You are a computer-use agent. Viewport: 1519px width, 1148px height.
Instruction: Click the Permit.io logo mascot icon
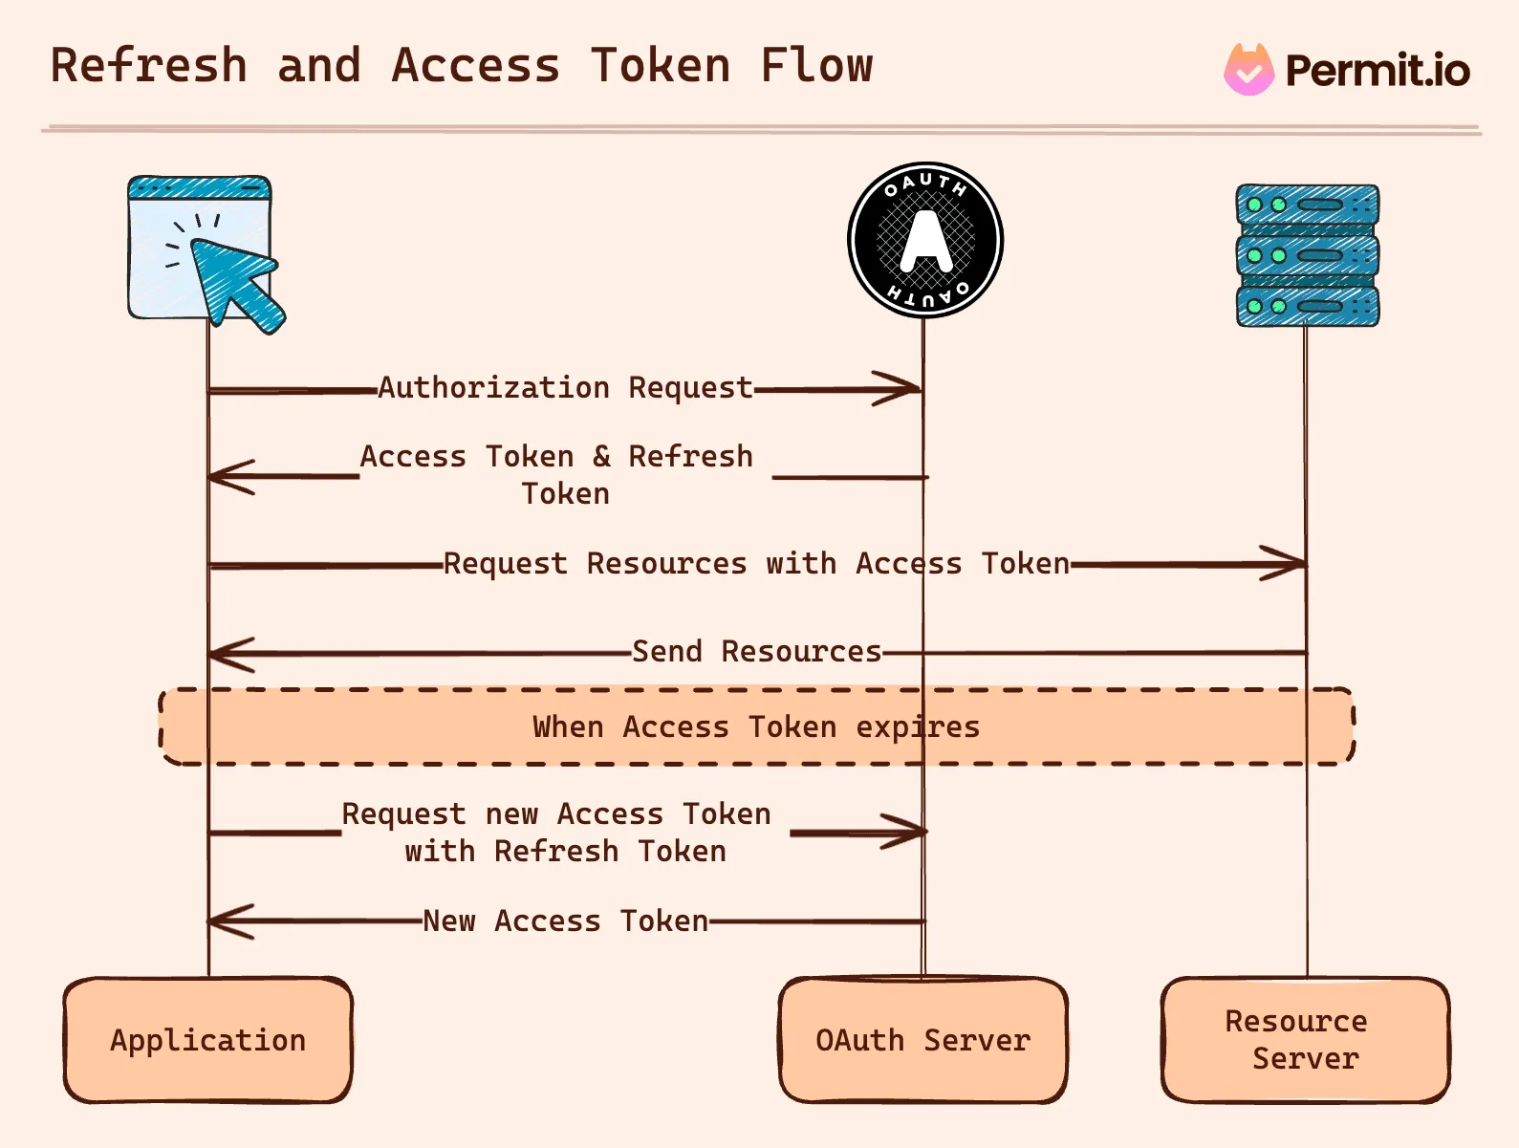tap(1248, 70)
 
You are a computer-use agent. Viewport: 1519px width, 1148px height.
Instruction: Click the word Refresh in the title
tap(148, 66)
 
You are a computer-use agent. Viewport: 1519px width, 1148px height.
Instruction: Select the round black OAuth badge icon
tap(924, 240)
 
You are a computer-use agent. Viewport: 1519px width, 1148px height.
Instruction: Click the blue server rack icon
tap(1307, 255)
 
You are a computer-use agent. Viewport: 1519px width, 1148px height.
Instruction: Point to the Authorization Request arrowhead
tap(904, 389)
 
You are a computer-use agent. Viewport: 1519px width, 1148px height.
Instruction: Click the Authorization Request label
tap(565, 388)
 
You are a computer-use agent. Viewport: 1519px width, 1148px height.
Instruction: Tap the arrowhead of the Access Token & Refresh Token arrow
tap(226, 476)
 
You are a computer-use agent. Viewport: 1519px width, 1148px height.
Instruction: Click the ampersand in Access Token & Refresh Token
tap(601, 457)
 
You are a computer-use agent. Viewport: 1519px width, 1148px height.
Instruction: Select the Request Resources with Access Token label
tap(755, 564)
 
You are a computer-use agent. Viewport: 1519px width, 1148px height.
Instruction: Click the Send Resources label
tap(756, 652)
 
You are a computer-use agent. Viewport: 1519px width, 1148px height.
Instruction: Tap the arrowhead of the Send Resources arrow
tap(226, 655)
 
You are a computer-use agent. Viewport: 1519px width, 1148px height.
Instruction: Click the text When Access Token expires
tap(755, 727)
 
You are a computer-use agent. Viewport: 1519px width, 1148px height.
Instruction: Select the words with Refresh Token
tap(565, 852)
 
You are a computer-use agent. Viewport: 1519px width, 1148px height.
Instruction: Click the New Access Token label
tap(565, 921)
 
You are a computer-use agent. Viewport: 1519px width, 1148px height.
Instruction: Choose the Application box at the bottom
tap(207, 1040)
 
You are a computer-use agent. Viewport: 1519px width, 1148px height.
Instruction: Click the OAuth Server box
tap(922, 1040)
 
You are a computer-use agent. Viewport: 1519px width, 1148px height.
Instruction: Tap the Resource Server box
tap(1305, 1040)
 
